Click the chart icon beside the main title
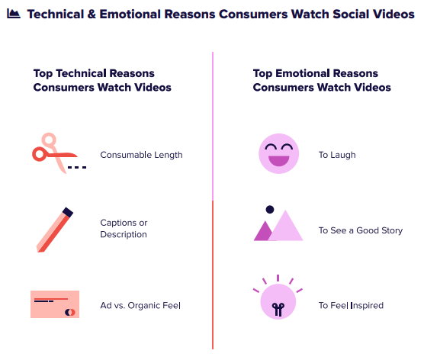click(14, 14)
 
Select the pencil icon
click(55, 230)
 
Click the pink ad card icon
click(55, 304)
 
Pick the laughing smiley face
click(279, 153)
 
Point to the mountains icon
click(278, 223)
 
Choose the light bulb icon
click(278, 297)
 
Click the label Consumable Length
click(141, 155)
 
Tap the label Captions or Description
click(124, 229)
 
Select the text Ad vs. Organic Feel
click(140, 305)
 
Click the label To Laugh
click(337, 155)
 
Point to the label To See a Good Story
click(361, 230)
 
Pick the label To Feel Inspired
click(351, 305)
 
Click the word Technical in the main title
click(56, 14)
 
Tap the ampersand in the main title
click(92, 14)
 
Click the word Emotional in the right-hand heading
click(302, 73)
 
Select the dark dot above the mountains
click(270, 209)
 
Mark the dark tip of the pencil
click(68, 212)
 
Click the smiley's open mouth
click(279, 160)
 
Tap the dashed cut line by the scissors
click(77, 168)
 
